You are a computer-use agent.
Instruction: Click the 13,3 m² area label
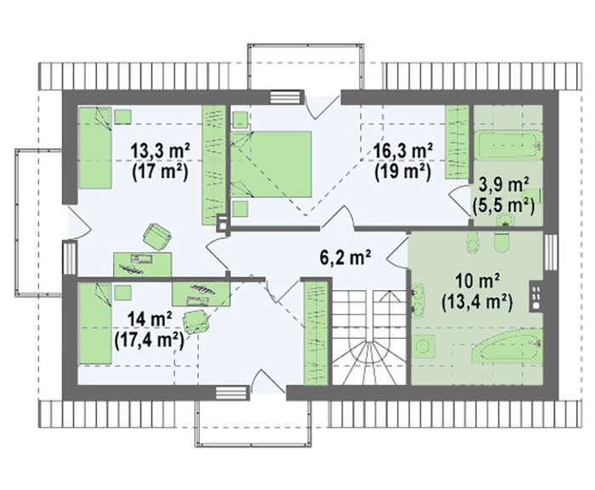point(160,151)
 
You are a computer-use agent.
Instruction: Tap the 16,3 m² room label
point(403,151)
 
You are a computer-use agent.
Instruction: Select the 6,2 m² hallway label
point(345,258)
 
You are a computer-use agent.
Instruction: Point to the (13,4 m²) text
point(477,303)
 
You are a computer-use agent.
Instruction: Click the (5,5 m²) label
point(503,206)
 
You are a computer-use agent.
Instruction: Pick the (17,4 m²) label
point(149,340)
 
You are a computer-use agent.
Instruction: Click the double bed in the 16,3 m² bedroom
point(271,164)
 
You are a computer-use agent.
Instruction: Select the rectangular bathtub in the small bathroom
point(507,145)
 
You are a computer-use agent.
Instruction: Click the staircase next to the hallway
point(368,338)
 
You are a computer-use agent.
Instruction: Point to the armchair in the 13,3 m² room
point(157,236)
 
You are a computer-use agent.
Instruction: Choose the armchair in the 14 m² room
point(196,322)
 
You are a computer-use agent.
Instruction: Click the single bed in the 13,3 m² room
point(95,148)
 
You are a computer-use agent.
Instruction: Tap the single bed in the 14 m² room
point(95,323)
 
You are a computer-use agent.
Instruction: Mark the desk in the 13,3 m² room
point(142,265)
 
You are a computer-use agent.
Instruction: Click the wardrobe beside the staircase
point(316,333)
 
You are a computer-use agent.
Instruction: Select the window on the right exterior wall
point(550,252)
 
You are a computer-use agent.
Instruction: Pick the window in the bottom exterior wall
point(232,392)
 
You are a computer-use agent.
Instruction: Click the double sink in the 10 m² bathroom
point(417,300)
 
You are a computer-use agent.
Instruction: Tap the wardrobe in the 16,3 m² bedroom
point(457,142)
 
